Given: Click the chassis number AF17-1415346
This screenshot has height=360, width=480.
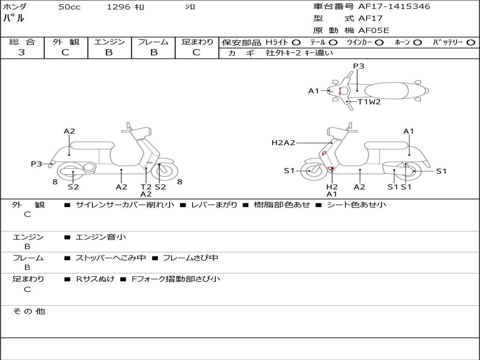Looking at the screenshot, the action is pos(394,7).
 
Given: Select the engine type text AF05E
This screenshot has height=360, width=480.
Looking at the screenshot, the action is pos(374,30).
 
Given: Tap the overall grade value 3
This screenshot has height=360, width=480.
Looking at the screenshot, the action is pos(22,52).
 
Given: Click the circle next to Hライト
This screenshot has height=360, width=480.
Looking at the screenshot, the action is pos(296,43).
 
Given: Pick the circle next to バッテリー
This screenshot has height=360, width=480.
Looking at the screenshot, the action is pos(471,43).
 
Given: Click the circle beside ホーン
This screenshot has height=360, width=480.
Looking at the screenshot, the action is pos(417,43).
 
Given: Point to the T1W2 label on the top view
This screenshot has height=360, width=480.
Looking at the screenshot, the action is pos(369,102).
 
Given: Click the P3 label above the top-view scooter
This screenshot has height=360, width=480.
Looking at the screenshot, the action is pos(359,66).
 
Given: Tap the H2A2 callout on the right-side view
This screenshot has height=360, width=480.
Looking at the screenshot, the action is pos(283,142).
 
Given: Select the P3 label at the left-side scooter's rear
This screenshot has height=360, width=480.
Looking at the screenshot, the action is pos(37,164).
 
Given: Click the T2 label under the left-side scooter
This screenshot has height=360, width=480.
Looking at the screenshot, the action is pos(146,187).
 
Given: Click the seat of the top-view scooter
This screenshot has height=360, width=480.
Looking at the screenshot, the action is pos(386,91).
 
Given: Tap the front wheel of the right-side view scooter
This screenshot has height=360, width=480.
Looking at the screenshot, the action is pos(312,170).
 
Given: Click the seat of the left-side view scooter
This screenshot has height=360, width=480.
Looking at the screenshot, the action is pos(92,146).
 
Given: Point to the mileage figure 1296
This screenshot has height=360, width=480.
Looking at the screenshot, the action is pos(119,7).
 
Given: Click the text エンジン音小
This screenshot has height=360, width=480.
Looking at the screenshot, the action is pos(101,237).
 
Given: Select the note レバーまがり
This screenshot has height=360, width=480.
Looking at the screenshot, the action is pos(214,205).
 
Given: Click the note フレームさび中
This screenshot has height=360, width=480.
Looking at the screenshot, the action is pos(190,258).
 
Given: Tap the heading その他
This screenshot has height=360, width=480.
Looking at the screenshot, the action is pos(29,311).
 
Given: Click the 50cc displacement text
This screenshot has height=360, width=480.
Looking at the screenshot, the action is pos(69,7).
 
